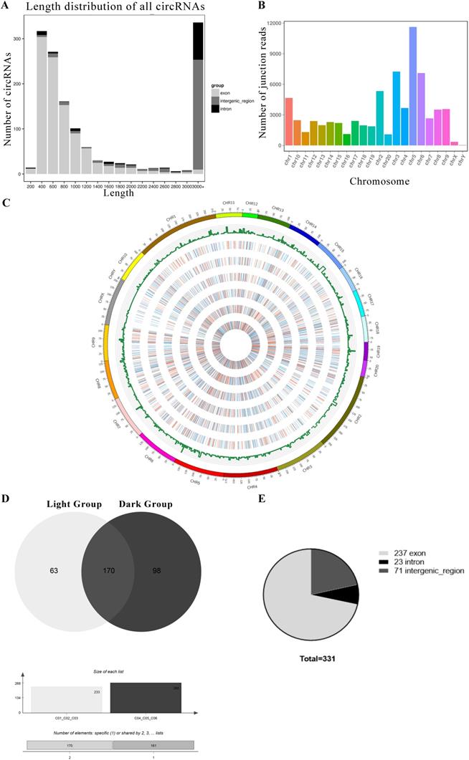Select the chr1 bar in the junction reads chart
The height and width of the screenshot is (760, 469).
288,122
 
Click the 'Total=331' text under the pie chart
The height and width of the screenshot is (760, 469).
311,655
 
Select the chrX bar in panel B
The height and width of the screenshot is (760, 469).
454,143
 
